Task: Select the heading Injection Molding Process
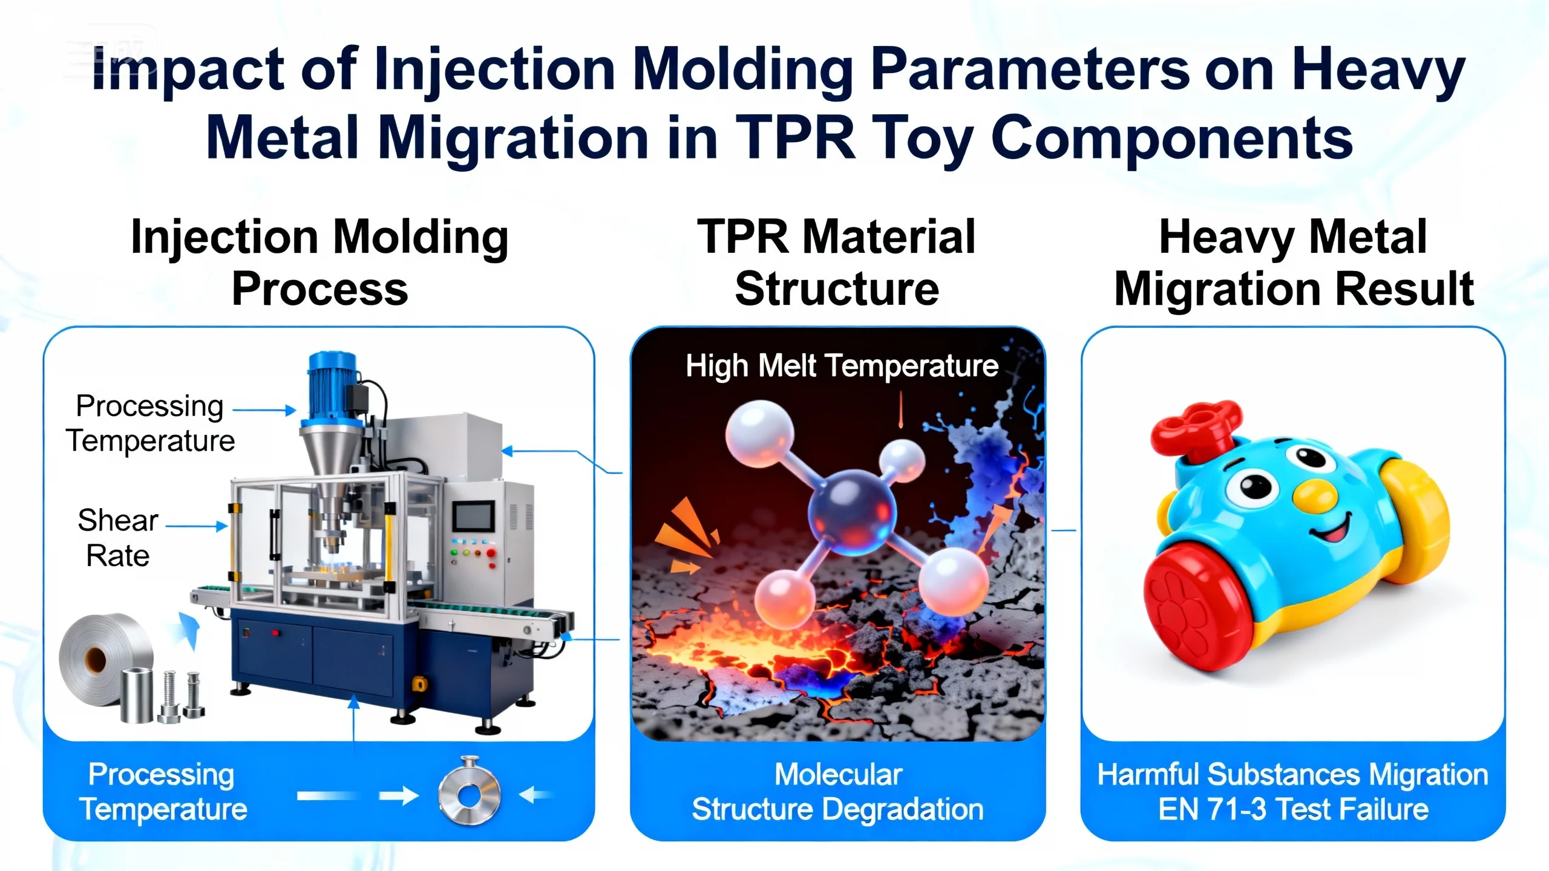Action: (319, 263)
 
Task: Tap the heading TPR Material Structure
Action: (837, 263)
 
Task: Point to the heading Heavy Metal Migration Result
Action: (1294, 263)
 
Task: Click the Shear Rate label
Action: (118, 538)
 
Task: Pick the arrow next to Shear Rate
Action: (197, 526)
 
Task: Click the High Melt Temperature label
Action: (842, 366)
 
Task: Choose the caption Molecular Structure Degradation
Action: (838, 792)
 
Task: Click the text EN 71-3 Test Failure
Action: (1294, 809)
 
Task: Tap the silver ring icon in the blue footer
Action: (470, 792)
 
